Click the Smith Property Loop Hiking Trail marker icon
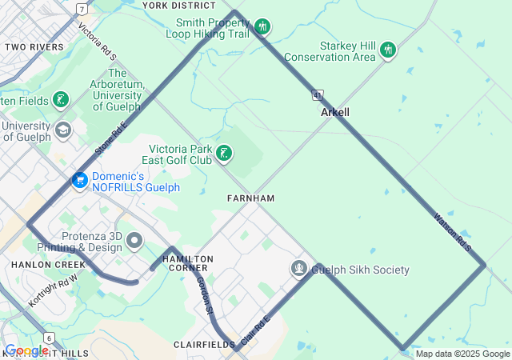point(262,28)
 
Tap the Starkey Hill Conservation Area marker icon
point(388,50)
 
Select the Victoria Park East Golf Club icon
point(225,152)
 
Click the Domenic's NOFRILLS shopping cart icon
point(79,181)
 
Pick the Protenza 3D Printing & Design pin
point(134,240)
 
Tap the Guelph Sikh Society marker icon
point(299,268)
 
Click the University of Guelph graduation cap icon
point(62,129)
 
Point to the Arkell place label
point(335,113)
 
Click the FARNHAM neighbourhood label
point(250,198)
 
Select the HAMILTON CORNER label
point(188,263)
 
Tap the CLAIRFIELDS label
point(202,344)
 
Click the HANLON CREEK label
point(48,264)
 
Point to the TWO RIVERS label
point(34,47)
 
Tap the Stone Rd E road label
point(111,138)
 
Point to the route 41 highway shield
point(318,94)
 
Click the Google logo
point(26,350)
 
